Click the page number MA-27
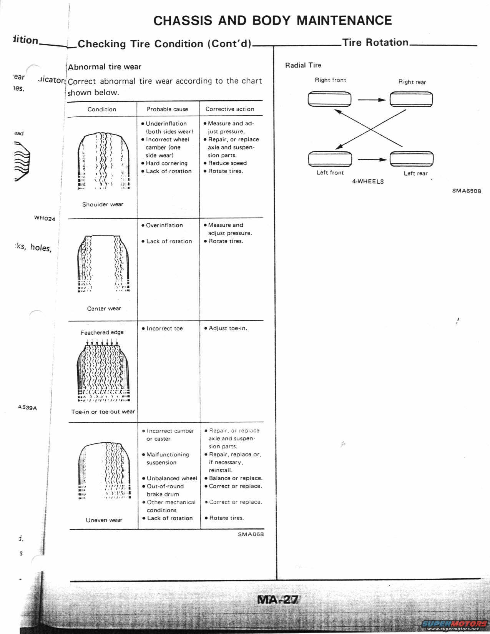pos(277,599)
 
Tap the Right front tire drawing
pos(329,99)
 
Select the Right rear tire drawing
pos(411,99)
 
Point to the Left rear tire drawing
pos(412,159)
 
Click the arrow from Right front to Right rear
pos(371,100)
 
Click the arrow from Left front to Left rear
pos(372,159)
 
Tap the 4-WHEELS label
pos(368,181)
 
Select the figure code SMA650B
pos(466,191)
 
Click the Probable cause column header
pos(167,109)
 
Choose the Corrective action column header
pos(230,109)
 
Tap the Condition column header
pos(102,109)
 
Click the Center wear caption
pos(104,309)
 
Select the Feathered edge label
pos(102,332)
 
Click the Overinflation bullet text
pos(164,225)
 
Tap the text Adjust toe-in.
pos(228,328)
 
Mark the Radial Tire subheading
pos(303,65)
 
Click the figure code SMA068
pos(251,534)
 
